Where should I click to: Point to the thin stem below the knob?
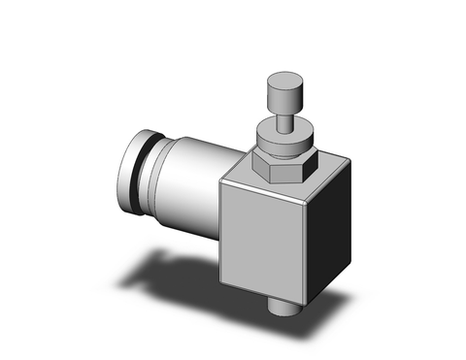(281, 120)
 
